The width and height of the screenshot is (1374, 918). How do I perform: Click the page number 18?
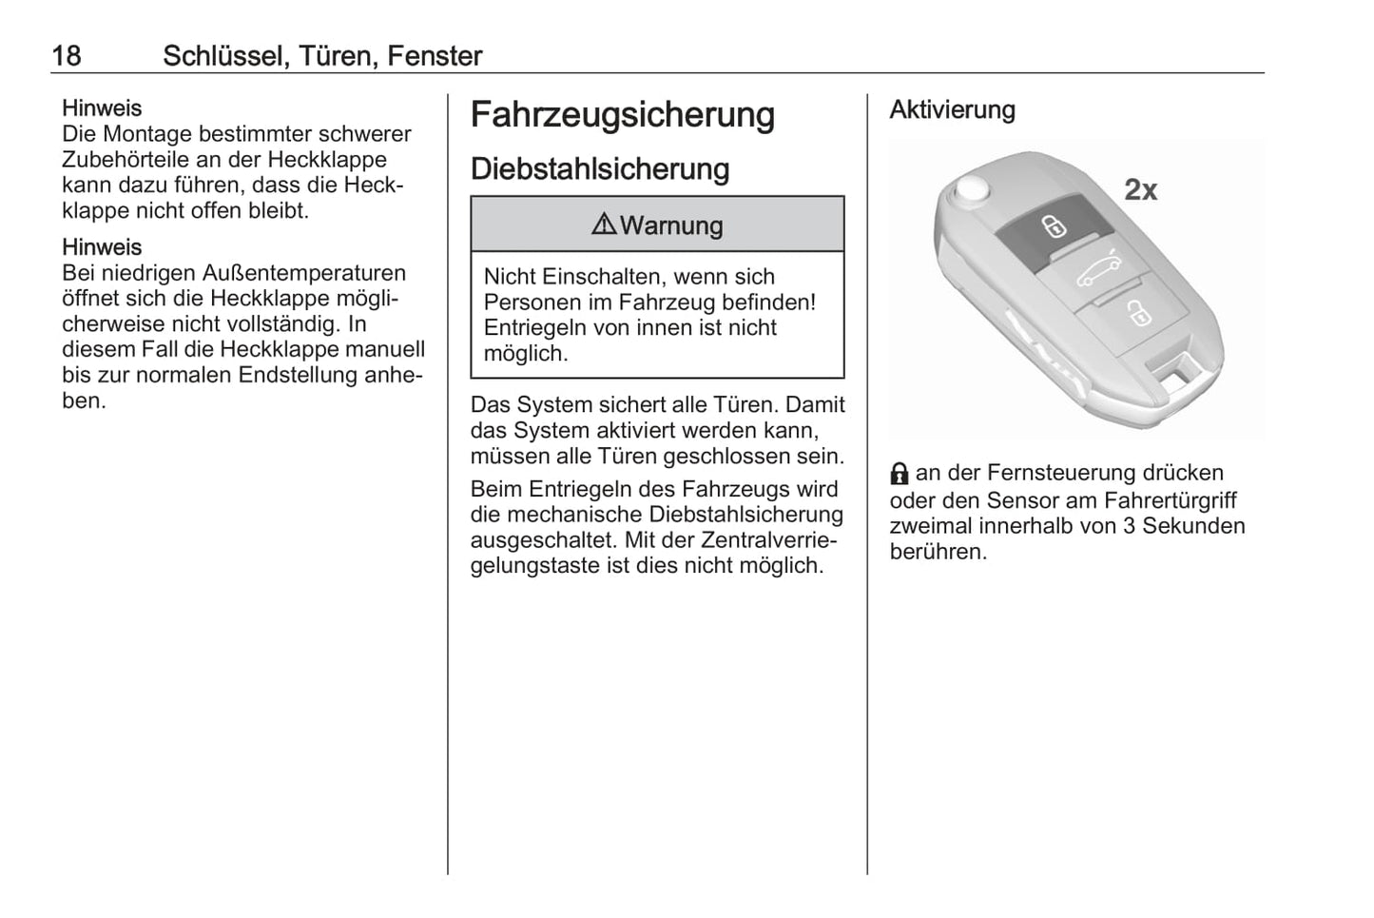pos(67,56)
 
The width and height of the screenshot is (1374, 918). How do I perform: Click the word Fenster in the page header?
pos(435,56)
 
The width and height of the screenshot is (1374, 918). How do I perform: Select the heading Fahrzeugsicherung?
pos(623,115)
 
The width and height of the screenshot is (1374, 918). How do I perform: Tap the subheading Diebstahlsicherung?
pos(600,169)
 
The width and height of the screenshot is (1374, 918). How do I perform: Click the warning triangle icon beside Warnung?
pos(604,224)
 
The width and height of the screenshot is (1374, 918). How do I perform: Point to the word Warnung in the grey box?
pos(671,225)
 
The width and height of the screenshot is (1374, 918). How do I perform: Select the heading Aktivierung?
pos(952,109)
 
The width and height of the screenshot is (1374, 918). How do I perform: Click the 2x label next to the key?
pos(1140,189)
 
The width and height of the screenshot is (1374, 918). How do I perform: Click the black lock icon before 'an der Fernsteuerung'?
pos(900,474)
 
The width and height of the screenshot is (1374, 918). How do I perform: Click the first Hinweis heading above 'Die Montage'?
pos(102,108)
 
